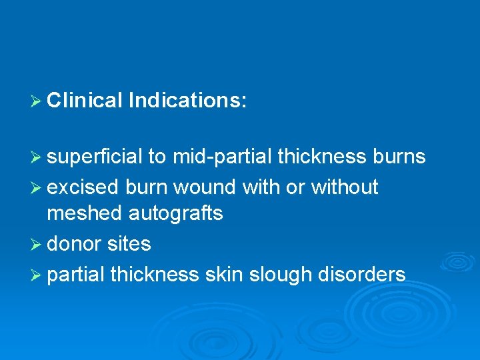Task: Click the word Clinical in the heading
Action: click(x=85, y=101)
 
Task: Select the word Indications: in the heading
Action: click(x=188, y=101)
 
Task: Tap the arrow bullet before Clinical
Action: click(x=37, y=101)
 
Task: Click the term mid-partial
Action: click(x=222, y=157)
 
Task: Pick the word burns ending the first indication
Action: click(x=399, y=157)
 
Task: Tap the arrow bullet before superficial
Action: click(x=37, y=157)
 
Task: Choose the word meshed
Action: click(x=85, y=213)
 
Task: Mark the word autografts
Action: click(x=175, y=213)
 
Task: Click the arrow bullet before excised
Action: click(x=37, y=188)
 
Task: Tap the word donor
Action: click(x=73, y=244)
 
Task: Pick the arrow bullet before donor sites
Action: click(x=37, y=245)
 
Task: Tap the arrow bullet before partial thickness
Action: click(x=37, y=275)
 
